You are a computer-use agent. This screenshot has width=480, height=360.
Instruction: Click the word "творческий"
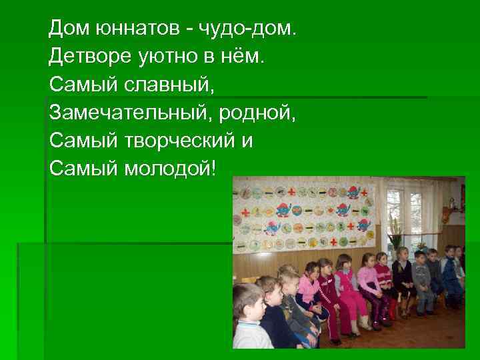coord(177,141)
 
